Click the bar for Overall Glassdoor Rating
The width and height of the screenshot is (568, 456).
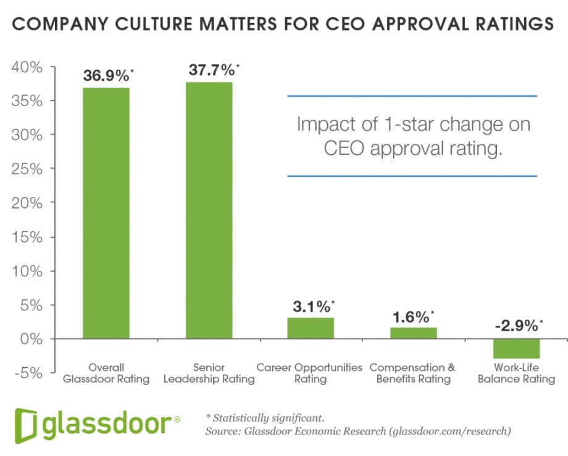[106, 213]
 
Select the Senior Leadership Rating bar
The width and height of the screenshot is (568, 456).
[209, 210]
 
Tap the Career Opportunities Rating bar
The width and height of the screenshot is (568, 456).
[311, 328]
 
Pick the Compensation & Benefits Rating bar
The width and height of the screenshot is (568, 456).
[414, 333]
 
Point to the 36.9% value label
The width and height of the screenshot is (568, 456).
[106, 76]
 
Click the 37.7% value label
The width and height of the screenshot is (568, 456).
[211, 70]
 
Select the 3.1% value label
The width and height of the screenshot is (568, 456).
[311, 306]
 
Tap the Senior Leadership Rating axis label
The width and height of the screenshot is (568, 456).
[209, 373]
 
